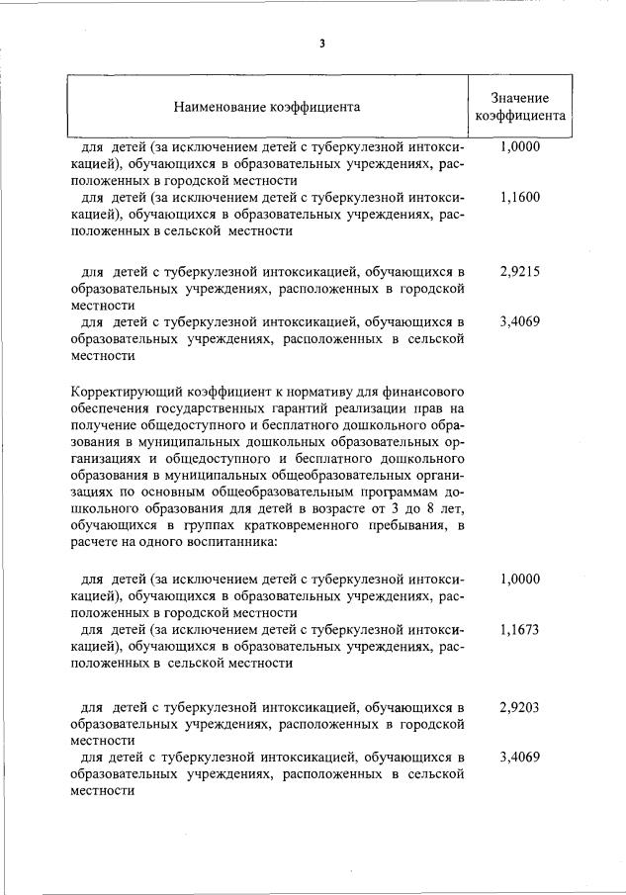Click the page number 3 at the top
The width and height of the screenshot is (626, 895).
point(321,44)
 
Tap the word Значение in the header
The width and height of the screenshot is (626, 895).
point(519,99)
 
